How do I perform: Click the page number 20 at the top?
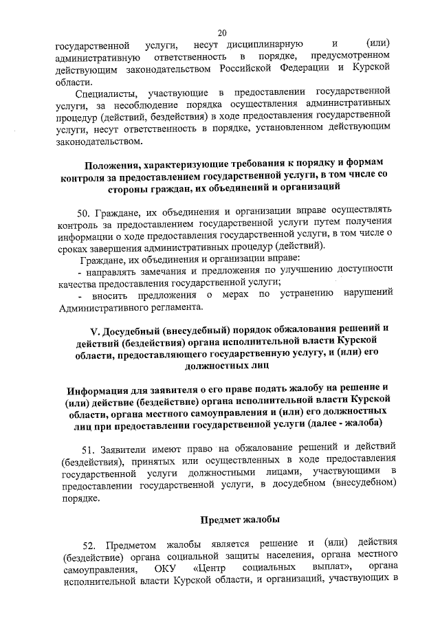click(222, 32)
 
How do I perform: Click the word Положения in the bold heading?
click(114, 165)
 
